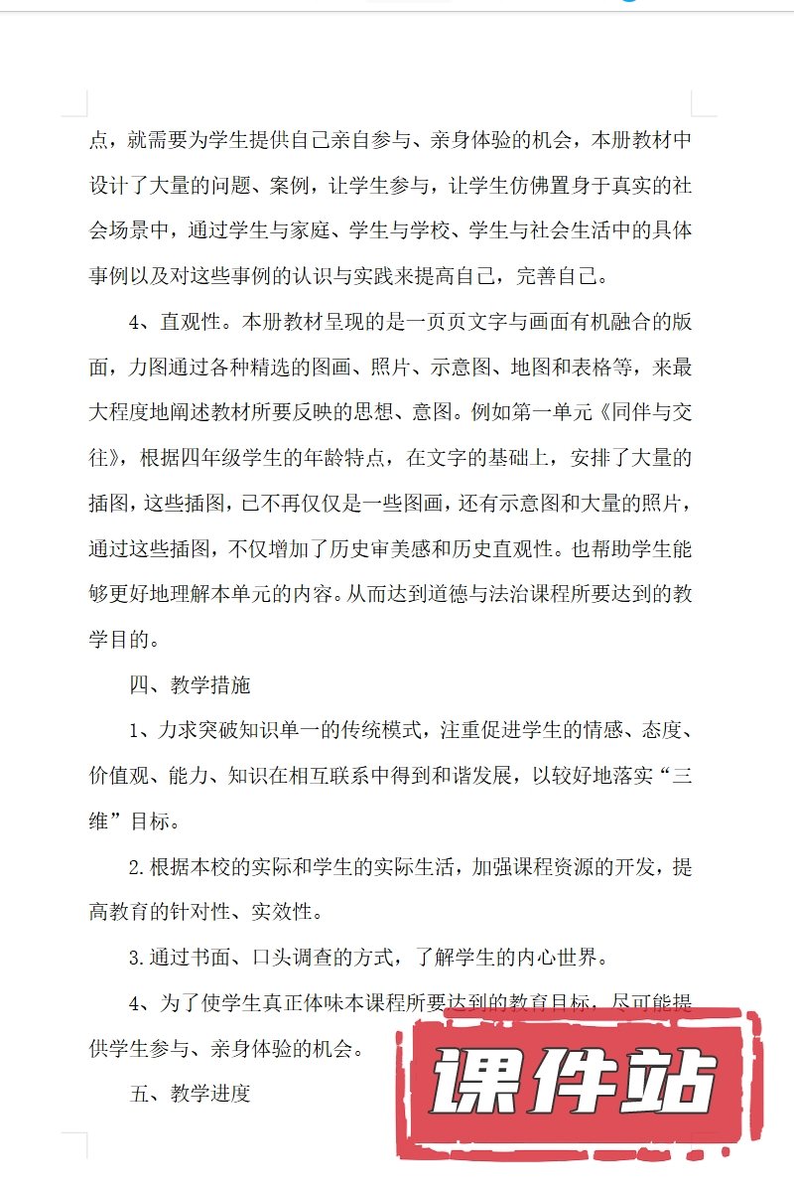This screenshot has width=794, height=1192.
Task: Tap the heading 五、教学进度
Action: coord(190,1094)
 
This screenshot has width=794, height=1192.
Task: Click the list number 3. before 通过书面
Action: coord(138,959)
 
